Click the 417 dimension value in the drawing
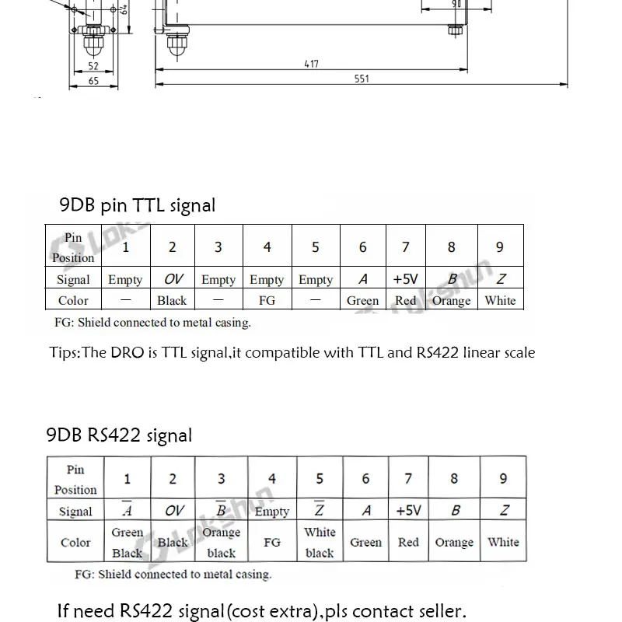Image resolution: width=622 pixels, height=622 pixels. [x=310, y=65]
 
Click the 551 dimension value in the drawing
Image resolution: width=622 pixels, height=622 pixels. [x=361, y=79]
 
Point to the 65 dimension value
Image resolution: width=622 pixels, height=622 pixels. [x=93, y=80]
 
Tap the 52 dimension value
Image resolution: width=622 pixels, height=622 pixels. [x=93, y=67]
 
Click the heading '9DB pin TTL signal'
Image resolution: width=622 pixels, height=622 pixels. [x=138, y=205]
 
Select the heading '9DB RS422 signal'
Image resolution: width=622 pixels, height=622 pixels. [x=120, y=435]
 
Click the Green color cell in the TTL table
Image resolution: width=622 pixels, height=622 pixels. [x=362, y=300]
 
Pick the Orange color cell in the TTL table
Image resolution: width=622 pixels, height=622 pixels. [x=451, y=300]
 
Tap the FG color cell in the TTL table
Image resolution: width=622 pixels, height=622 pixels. [x=267, y=300]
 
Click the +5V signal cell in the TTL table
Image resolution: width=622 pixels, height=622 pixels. [x=406, y=279]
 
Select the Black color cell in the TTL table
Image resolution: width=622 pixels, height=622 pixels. [x=172, y=300]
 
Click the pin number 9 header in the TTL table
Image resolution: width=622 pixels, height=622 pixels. [x=500, y=247]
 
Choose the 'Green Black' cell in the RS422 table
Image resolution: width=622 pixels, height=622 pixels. [x=127, y=543]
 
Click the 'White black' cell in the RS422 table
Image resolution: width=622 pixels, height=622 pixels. [x=319, y=543]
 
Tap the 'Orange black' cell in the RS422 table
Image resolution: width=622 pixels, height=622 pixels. [x=221, y=543]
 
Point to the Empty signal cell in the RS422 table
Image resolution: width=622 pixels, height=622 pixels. [x=271, y=512]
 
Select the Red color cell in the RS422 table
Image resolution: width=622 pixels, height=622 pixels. [x=408, y=543]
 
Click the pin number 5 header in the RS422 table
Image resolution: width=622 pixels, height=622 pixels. [x=319, y=479]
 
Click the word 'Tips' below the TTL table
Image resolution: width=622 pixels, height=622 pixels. [x=63, y=353]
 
